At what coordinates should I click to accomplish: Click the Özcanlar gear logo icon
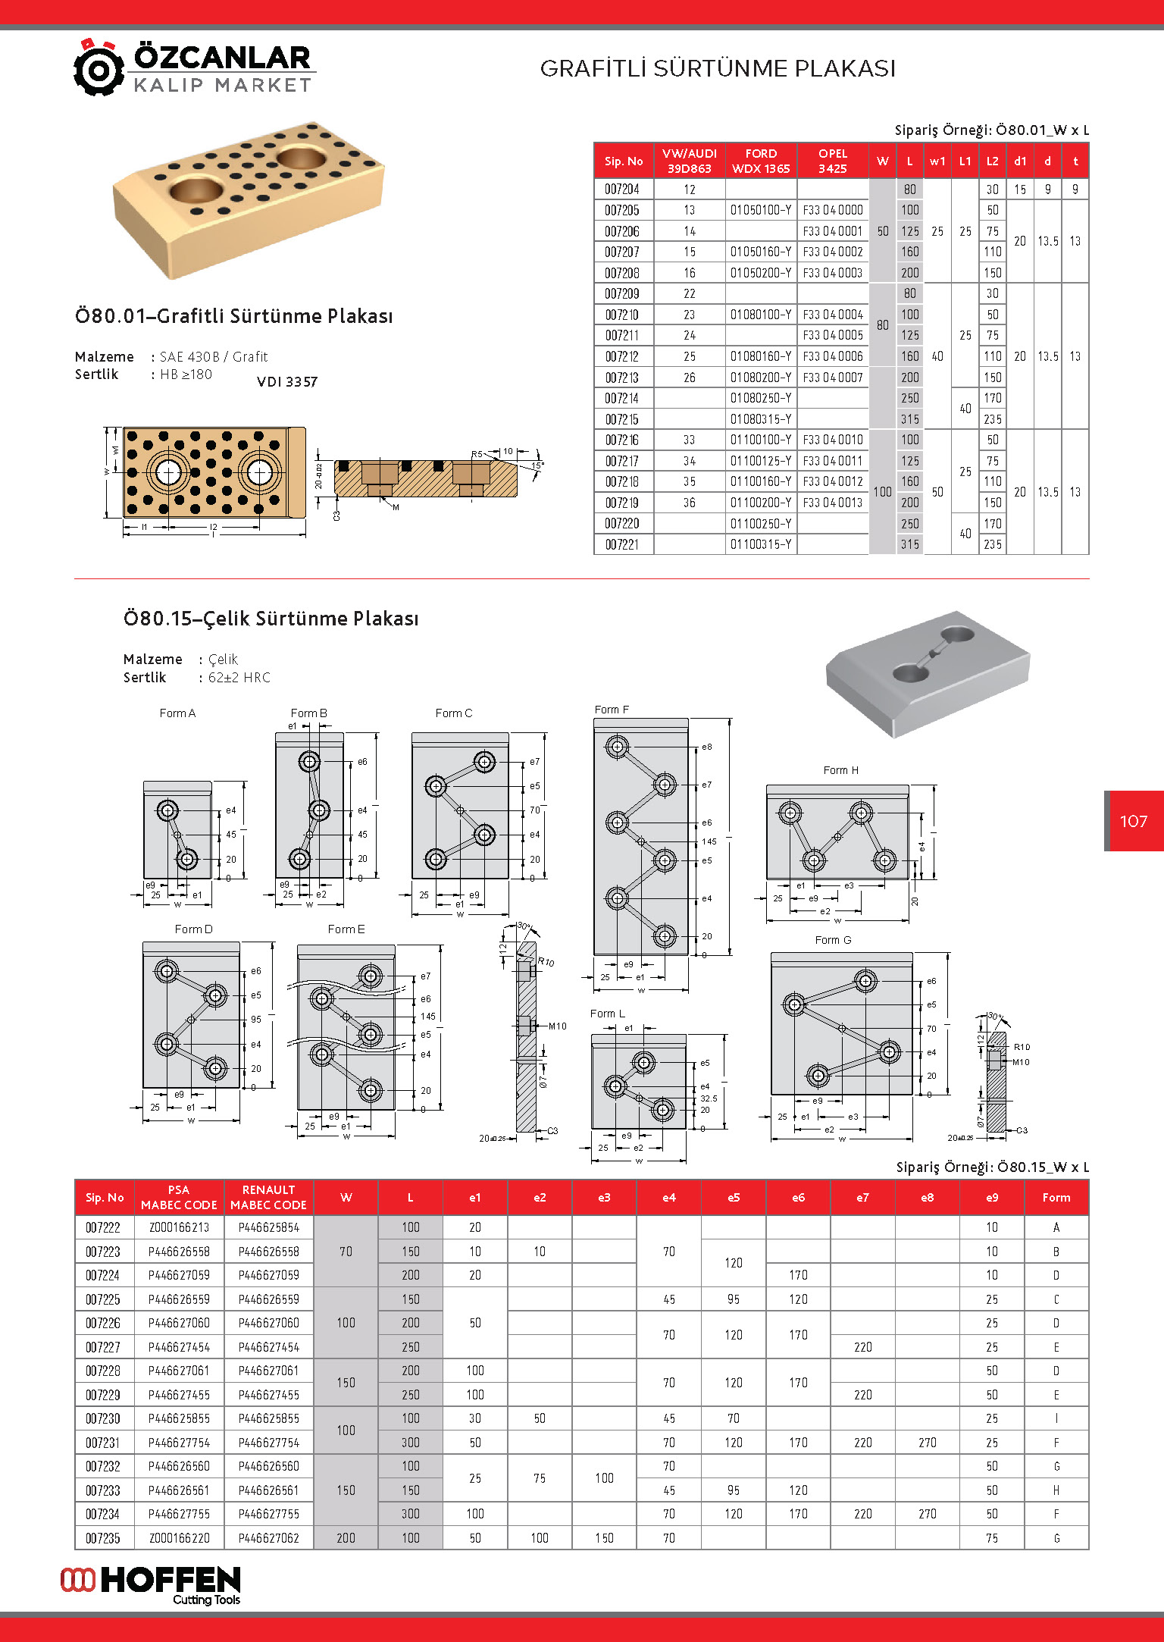(99, 68)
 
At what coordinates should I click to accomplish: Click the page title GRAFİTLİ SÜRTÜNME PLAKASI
(717, 69)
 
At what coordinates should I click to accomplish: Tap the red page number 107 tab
(1134, 821)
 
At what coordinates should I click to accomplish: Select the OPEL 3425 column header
(832, 161)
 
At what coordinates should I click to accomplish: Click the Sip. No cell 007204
(622, 190)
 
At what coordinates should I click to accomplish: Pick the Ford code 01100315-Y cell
(760, 544)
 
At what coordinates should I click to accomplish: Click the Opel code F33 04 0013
(832, 503)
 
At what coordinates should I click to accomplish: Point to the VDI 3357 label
(287, 382)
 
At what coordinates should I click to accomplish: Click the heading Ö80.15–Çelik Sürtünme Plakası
(271, 619)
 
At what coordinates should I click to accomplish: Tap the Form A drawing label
(177, 713)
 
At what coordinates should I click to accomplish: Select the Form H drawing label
(840, 770)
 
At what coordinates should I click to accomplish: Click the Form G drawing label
(833, 940)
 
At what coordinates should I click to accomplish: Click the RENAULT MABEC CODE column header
(268, 1197)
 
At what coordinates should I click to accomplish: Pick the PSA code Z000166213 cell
(179, 1227)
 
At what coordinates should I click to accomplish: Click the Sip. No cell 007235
(103, 1538)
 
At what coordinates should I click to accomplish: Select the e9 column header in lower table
(991, 1198)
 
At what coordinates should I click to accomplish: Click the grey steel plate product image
(928, 673)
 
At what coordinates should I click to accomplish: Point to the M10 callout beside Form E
(557, 1026)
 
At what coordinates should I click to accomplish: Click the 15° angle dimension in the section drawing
(537, 465)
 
